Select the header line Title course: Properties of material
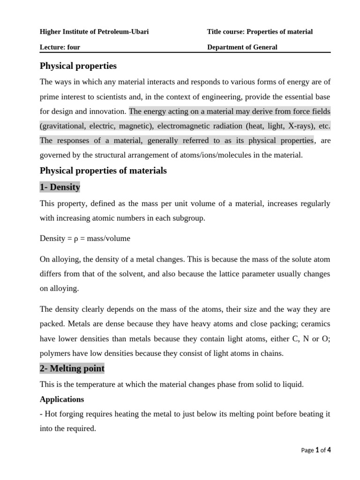coord(260,32)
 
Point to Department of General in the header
coord(242,47)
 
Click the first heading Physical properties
coord(78,66)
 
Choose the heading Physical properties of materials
coord(103,171)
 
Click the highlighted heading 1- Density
coord(60,187)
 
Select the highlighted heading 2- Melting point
coord(72,368)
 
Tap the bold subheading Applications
coord(62,399)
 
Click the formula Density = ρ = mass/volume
coord(85,239)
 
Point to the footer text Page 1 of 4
coord(316,450)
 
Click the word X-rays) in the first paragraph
coord(285,126)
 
